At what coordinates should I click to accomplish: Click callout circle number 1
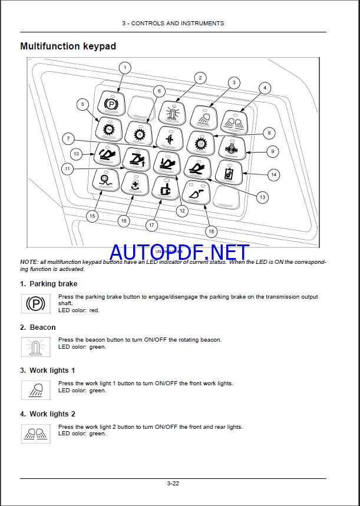point(124,68)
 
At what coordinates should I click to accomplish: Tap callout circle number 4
point(265,88)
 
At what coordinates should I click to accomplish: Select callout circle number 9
point(272,151)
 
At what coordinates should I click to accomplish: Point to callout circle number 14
point(273,174)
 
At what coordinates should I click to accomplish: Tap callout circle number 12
point(182,210)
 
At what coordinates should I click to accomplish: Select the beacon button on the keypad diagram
point(172,112)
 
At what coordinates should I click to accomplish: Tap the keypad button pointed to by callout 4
point(234,122)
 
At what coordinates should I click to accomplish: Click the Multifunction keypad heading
point(68,46)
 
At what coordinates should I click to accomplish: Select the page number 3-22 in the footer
point(173,484)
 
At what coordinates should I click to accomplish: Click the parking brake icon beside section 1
point(36,303)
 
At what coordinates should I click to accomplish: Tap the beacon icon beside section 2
point(36,346)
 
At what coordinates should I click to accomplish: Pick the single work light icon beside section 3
point(36,390)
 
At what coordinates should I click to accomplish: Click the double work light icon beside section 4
point(36,433)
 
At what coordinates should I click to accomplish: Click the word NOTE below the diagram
point(28,262)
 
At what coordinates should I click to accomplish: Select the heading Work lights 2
point(52,414)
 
